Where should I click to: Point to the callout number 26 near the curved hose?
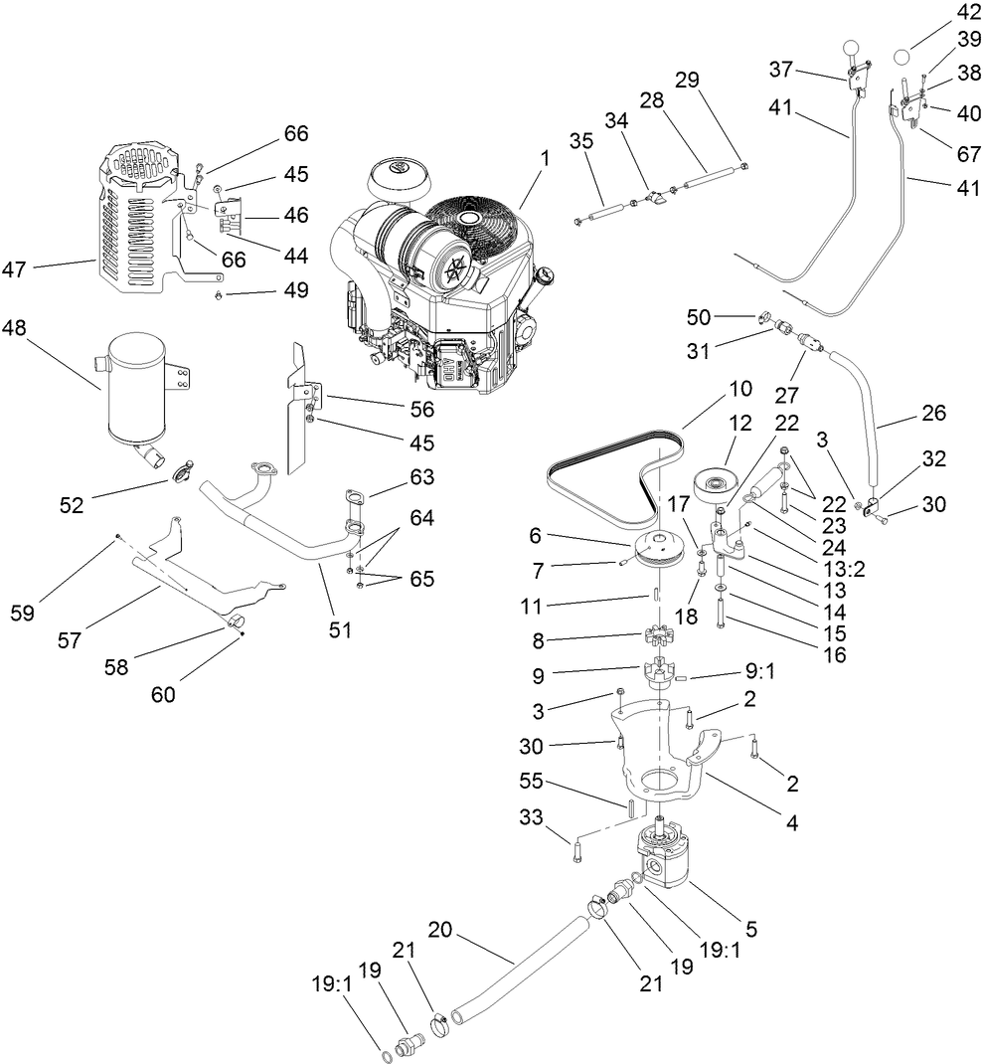(934, 413)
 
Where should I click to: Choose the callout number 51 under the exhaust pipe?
(341, 629)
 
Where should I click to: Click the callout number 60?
(163, 695)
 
